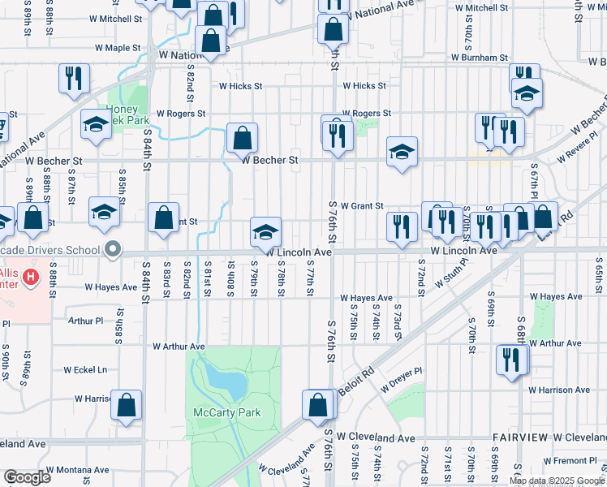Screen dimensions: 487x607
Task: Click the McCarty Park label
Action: coord(227,412)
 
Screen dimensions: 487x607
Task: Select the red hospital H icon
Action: coord(31,278)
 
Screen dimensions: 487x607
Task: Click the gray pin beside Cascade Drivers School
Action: coord(113,250)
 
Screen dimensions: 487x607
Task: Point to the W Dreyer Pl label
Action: coord(402,371)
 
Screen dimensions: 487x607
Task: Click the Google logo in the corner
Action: coord(27,476)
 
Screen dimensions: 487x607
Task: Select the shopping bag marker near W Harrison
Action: coord(127,405)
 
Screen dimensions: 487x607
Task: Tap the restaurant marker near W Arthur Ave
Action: coord(512,360)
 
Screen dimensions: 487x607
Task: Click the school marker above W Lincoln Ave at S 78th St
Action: coord(265,231)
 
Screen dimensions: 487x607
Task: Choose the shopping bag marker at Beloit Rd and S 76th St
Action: coord(318,404)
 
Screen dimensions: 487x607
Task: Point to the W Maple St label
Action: coord(118,48)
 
